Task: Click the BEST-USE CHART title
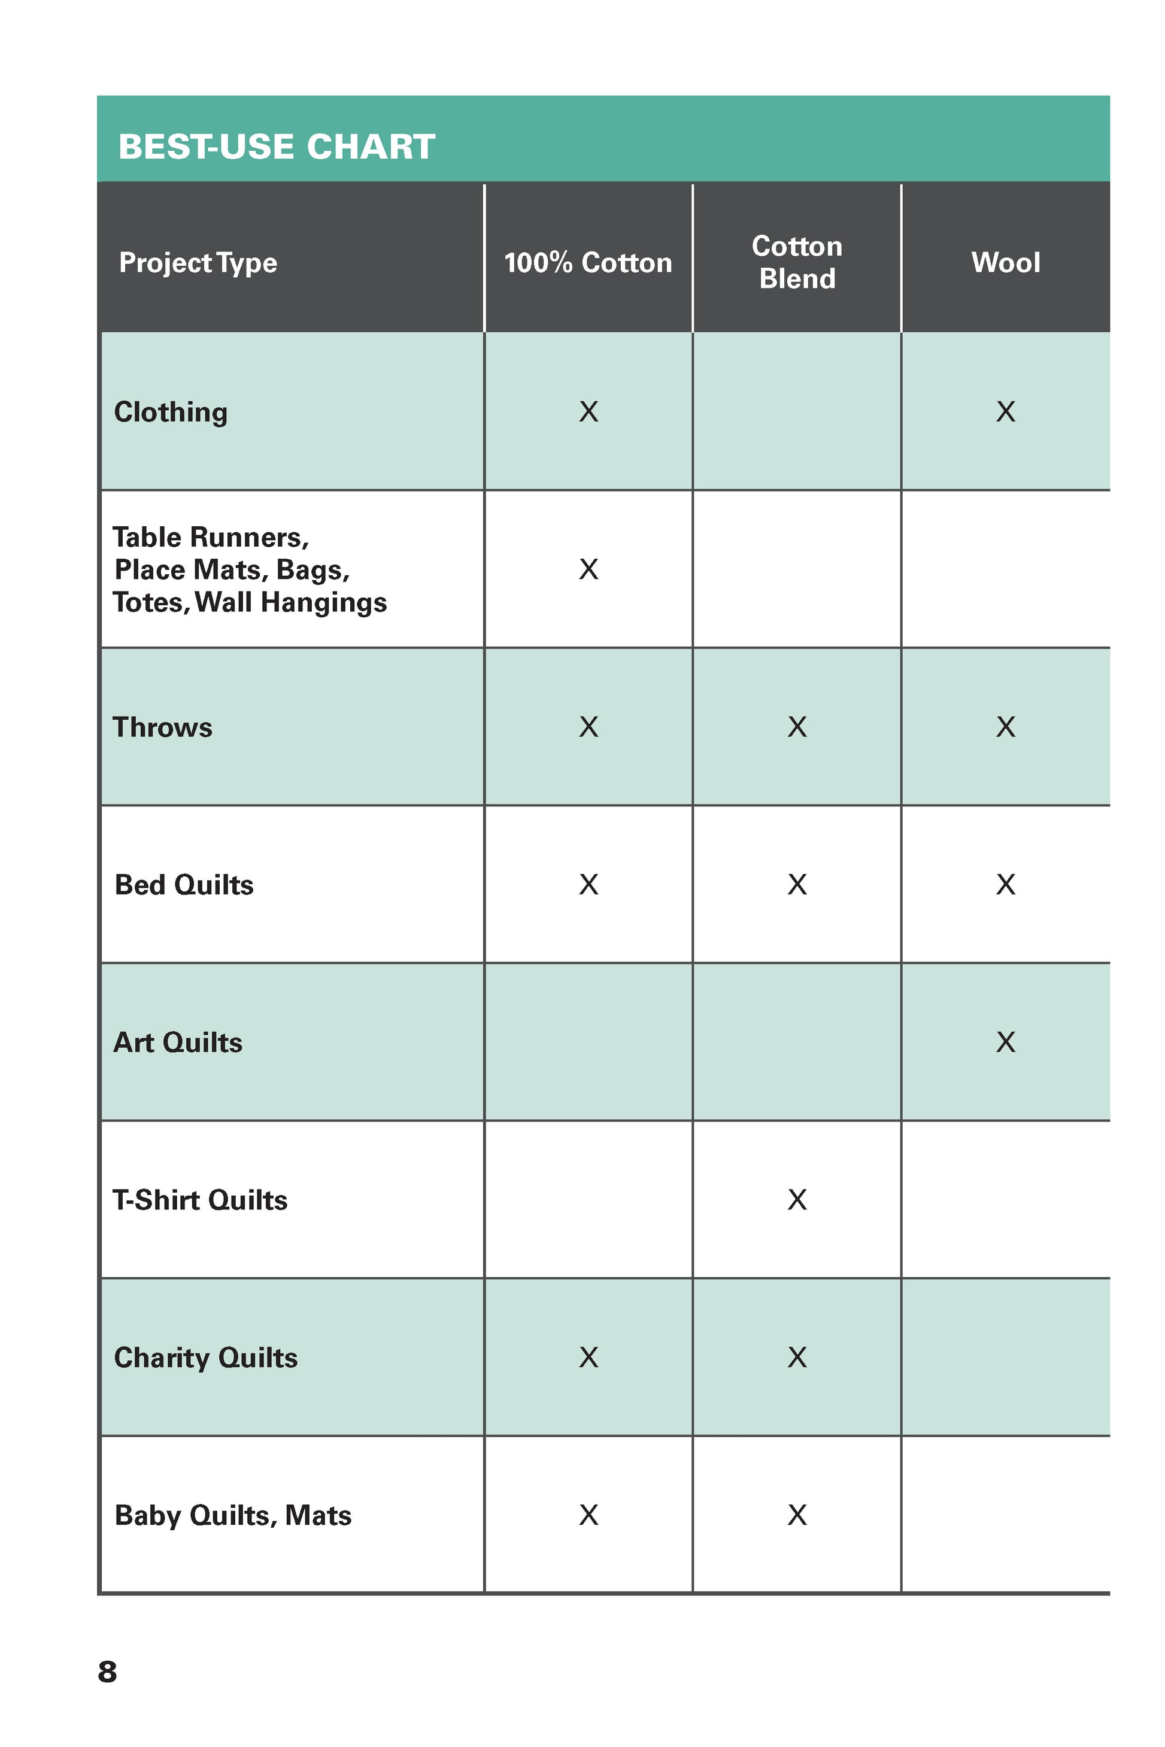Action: (277, 147)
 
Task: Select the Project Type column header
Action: (198, 263)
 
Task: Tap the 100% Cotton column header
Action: (588, 263)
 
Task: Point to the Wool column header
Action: (1005, 263)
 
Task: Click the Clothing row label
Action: (171, 413)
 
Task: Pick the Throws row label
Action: (162, 727)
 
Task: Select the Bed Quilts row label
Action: (184, 885)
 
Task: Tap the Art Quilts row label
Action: (178, 1042)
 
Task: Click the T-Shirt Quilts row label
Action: (200, 1200)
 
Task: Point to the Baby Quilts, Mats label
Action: (232, 1515)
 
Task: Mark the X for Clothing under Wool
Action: (1005, 412)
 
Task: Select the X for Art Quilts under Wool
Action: (1005, 1042)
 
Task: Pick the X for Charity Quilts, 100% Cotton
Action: (588, 1357)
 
